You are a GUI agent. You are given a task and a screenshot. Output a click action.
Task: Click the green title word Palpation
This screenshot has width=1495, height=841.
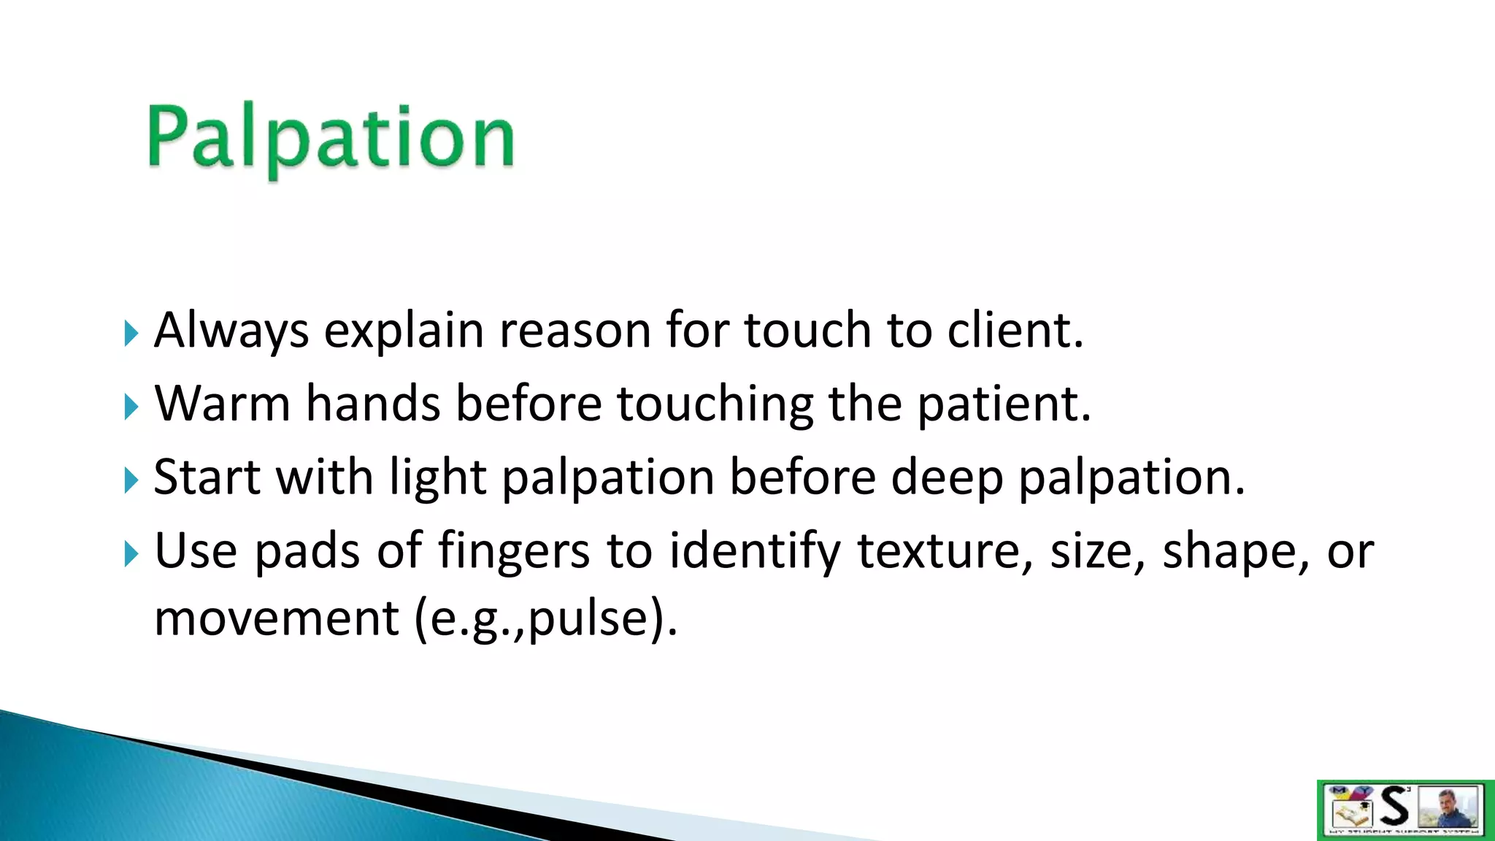click(x=331, y=138)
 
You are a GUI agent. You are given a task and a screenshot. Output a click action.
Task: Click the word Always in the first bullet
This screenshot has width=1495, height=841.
click(x=231, y=331)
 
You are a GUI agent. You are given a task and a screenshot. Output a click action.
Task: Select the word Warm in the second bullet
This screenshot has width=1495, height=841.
click(x=223, y=404)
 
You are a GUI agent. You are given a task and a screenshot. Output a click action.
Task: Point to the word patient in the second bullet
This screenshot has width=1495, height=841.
click(x=1003, y=404)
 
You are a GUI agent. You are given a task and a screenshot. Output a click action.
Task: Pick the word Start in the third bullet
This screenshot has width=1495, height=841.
click(x=207, y=477)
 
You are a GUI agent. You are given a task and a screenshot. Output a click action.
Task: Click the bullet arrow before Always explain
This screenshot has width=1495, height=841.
click(x=131, y=334)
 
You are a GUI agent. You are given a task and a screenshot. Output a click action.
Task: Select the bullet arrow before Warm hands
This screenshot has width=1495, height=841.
click(x=131, y=407)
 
